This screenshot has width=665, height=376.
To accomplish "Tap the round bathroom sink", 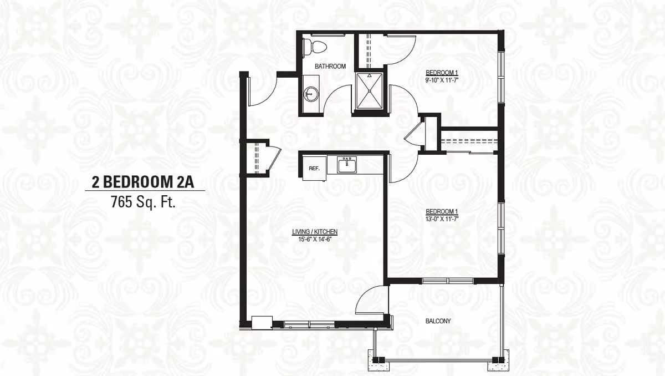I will tap(310, 95).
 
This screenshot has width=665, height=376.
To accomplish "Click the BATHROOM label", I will tap(330, 66).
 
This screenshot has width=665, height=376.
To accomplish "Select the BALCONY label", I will tap(438, 321).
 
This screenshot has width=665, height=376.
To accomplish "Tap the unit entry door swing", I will tap(260, 92).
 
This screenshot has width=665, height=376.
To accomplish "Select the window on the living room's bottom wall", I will tap(306, 323).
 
